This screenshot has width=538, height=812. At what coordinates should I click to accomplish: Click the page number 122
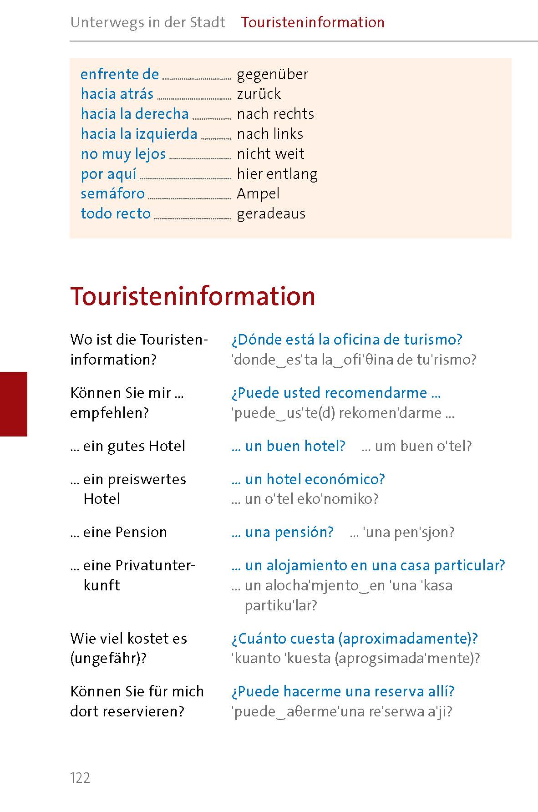(x=80, y=778)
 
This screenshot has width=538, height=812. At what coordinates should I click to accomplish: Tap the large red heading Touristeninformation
(x=193, y=296)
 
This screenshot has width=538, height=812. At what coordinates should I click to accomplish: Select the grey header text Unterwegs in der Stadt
(x=148, y=22)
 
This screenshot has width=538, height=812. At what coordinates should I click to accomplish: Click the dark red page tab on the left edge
(x=14, y=404)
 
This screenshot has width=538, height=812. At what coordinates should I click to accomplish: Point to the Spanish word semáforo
(x=112, y=193)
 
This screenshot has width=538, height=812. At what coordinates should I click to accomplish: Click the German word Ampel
(x=258, y=193)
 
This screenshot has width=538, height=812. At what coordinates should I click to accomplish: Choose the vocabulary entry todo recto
(x=116, y=213)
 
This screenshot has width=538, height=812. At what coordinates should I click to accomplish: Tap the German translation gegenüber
(x=272, y=74)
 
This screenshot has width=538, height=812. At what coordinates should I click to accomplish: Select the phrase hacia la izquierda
(x=139, y=134)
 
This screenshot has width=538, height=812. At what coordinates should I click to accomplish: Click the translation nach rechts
(x=275, y=114)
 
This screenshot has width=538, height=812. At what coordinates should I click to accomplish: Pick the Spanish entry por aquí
(x=108, y=174)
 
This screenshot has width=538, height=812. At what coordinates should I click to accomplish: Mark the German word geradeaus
(x=271, y=213)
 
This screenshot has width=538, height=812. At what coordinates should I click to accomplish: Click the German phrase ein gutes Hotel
(x=134, y=446)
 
